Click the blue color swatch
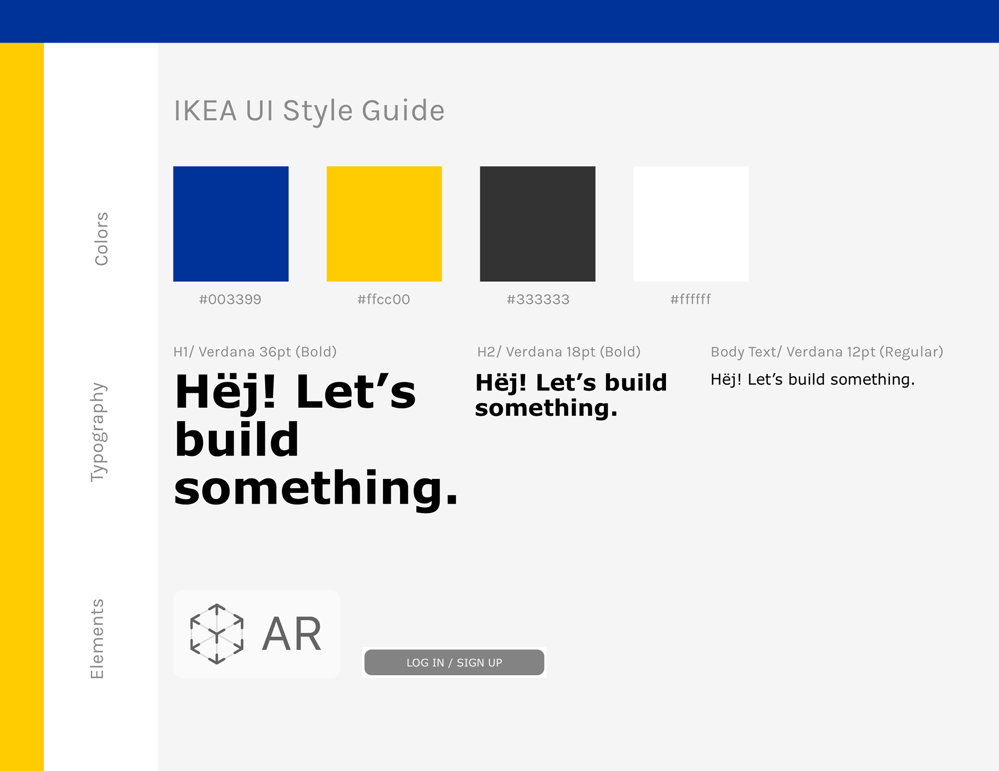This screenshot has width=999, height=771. click(x=231, y=224)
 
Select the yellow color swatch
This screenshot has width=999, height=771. click(x=385, y=224)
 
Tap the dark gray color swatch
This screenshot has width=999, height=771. click(x=537, y=224)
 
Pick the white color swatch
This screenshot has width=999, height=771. click(x=691, y=224)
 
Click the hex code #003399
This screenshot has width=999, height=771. click(x=230, y=299)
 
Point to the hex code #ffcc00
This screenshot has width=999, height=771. click(x=383, y=299)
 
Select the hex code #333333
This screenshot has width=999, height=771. click(x=538, y=299)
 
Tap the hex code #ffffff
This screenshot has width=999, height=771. click(x=690, y=299)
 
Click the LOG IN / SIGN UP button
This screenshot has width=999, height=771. click(x=454, y=662)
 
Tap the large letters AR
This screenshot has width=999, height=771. click(x=292, y=634)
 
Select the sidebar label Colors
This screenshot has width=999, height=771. click(x=101, y=239)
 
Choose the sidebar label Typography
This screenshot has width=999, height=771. click(x=99, y=432)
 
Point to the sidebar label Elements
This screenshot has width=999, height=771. click(x=97, y=639)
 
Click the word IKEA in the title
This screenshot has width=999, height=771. click(x=206, y=111)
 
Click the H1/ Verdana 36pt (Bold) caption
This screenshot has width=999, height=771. click(x=255, y=352)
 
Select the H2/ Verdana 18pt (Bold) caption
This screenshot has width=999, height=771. click(x=559, y=352)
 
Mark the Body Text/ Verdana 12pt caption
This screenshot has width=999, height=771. click(x=827, y=352)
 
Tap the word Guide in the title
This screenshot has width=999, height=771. click(x=403, y=111)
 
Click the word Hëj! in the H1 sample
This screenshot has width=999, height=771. click(x=225, y=392)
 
